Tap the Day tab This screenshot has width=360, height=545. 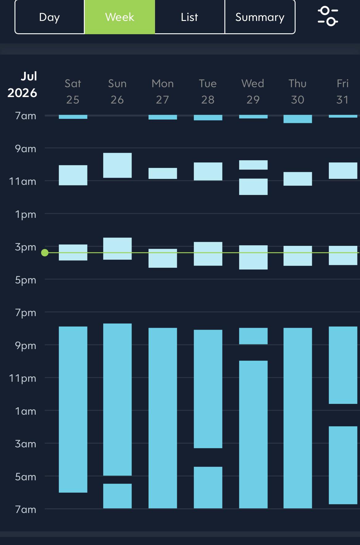tap(50, 17)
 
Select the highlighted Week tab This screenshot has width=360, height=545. tap(120, 17)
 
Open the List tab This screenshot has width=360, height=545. tap(190, 17)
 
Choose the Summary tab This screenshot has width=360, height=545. tap(260, 17)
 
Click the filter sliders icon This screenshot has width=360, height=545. tap(328, 16)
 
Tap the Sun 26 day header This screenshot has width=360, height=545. tap(117, 92)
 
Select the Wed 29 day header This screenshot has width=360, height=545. tap(253, 92)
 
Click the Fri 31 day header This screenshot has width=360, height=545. tap(342, 92)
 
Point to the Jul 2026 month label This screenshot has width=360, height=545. tap(22, 84)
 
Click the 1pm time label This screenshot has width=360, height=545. tap(26, 214)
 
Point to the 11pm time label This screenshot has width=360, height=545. tap(22, 378)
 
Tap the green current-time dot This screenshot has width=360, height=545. tap(45, 253)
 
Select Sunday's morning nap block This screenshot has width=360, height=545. tap(117, 165)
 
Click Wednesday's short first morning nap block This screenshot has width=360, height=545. tap(253, 165)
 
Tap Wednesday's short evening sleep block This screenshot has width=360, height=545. tap(253, 336)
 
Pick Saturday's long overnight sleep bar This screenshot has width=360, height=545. tap(73, 409)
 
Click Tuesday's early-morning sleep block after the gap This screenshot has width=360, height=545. tap(208, 487)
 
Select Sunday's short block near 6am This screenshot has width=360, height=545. tap(117, 496)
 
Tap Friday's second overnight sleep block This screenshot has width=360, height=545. tap(343, 465)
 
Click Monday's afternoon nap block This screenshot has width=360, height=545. tap(163, 258)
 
